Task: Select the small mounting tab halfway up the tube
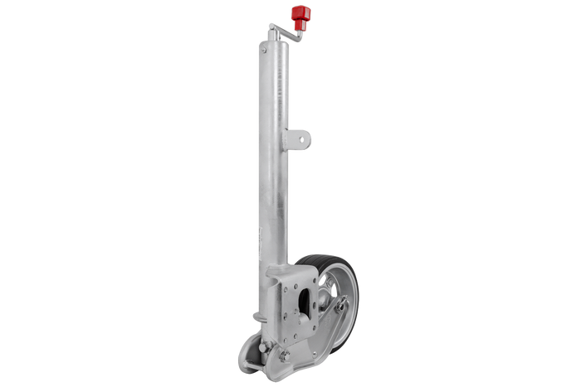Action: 300,139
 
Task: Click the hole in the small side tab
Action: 301,139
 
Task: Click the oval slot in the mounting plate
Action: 305,300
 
